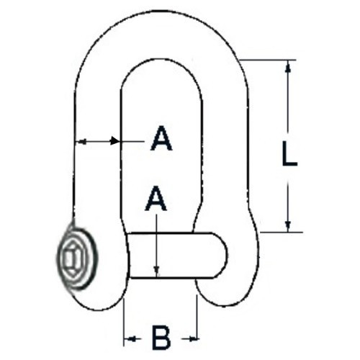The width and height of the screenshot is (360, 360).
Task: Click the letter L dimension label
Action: (x=289, y=154)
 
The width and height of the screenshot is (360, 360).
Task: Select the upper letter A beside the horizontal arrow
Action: (x=161, y=138)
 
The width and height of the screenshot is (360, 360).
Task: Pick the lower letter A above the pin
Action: (x=156, y=198)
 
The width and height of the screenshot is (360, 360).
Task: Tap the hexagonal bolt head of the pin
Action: (x=72, y=259)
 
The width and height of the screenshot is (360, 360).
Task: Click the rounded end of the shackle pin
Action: (x=220, y=255)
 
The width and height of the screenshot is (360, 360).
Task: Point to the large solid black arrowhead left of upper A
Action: (x=114, y=140)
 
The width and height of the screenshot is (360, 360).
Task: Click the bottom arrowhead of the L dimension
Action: (x=288, y=226)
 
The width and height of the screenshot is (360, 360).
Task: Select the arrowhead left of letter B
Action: (x=130, y=339)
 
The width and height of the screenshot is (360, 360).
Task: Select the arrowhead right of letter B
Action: (x=193, y=338)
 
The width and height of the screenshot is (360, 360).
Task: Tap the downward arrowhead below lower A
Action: (x=156, y=272)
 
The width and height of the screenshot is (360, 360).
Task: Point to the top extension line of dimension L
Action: (x=268, y=60)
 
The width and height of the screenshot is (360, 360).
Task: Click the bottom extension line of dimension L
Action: (x=282, y=233)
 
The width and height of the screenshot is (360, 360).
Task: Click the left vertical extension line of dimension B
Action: (x=124, y=322)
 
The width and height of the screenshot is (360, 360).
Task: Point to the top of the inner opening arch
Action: (x=161, y=59)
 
